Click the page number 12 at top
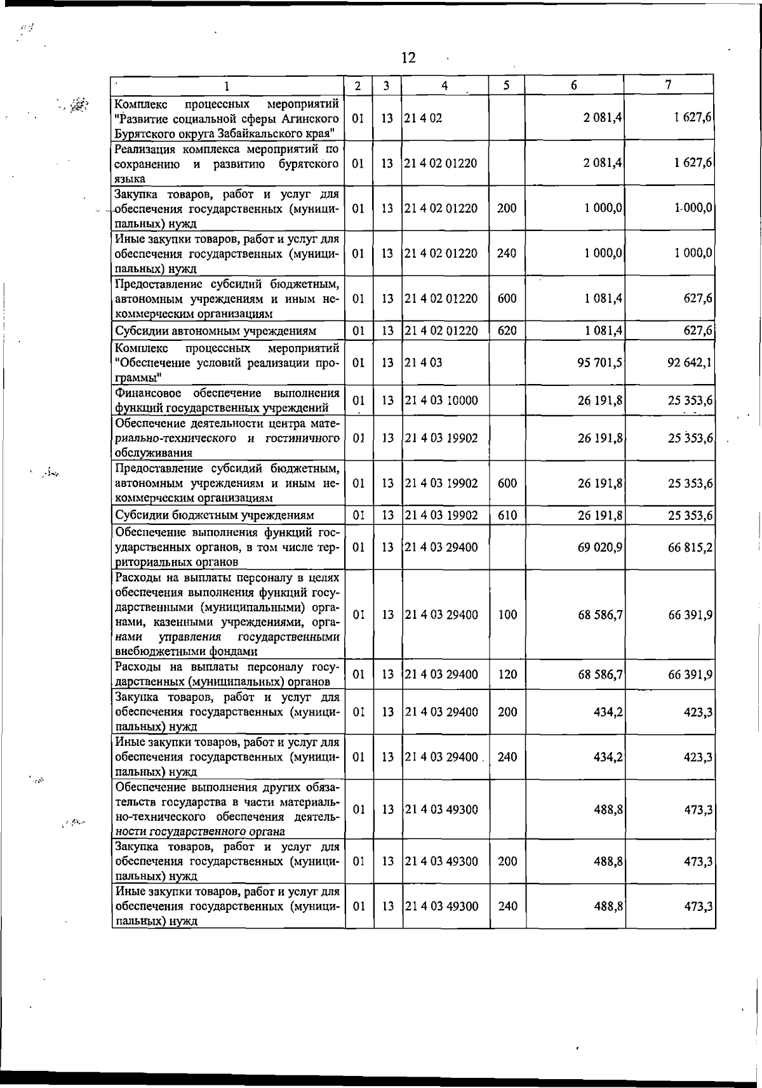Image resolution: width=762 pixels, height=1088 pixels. coord(408,58)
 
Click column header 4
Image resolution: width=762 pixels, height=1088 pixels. coord(445,86)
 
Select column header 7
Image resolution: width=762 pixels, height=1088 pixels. coord(669,85)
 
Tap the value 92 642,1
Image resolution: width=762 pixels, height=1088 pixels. coord(689,363)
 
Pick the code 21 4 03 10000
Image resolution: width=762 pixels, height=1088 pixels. coord(441,401)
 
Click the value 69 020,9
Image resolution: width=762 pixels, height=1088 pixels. coord(599,547)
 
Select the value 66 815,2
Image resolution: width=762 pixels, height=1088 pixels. coord(690,547)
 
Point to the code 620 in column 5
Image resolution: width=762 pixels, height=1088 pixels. coord(507,331)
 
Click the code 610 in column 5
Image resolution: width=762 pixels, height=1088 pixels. coord(507,515)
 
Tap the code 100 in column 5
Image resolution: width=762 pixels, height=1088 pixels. coord(507,614)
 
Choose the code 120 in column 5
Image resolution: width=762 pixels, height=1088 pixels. coord(507,675)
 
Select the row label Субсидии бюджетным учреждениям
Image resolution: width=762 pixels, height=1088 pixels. coord(214,515)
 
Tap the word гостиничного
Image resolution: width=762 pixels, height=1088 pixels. coord(307,438)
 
